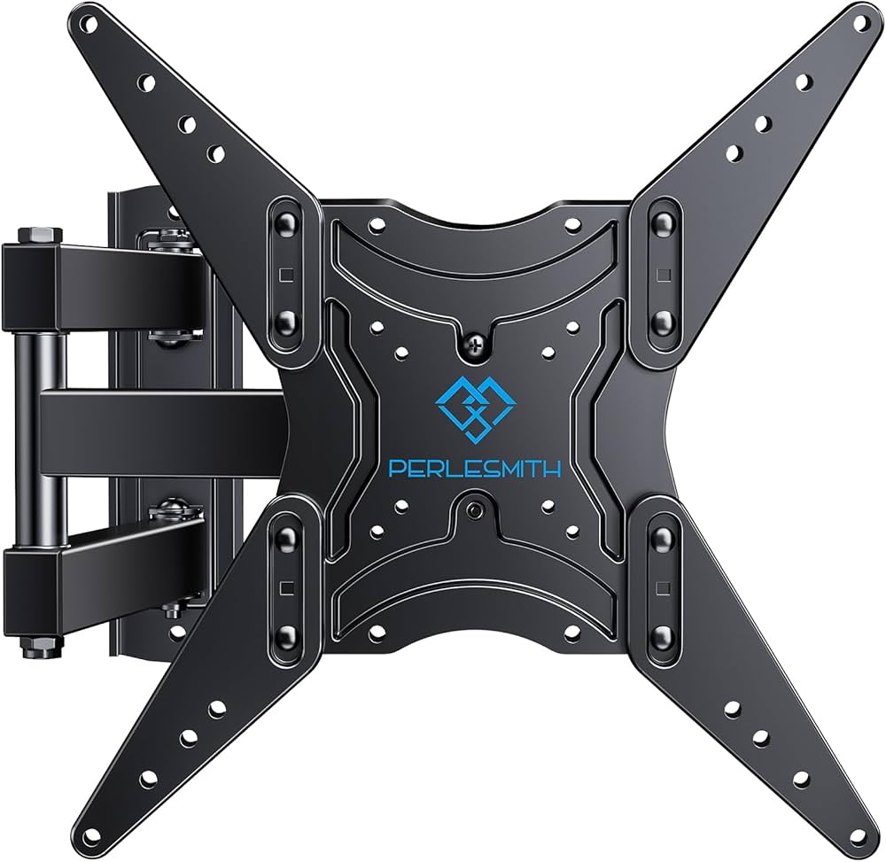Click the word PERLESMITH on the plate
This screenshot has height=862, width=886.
point(474,469)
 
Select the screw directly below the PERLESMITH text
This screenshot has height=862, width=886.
point(476,511)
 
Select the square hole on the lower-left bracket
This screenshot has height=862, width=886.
point(285,586)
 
